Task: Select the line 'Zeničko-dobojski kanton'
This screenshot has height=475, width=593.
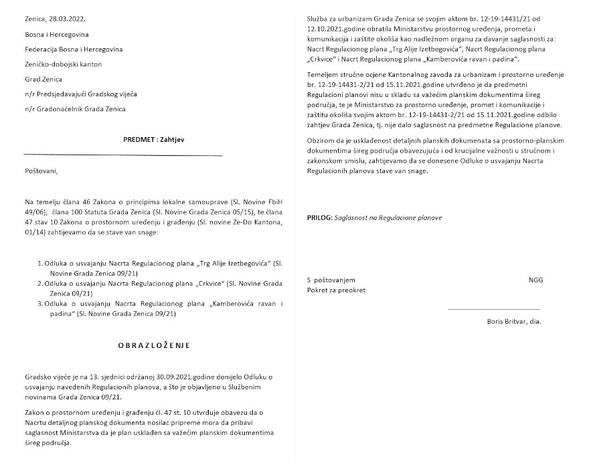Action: point(65,64)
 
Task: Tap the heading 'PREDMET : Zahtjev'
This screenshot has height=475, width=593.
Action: point(122,140)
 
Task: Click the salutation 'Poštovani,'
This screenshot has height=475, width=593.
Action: point(41,171)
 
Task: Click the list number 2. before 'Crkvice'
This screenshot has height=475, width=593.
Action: point(39,284)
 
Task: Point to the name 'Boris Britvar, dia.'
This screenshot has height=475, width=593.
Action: point(514,321)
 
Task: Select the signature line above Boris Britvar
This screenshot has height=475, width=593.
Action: point(493,310)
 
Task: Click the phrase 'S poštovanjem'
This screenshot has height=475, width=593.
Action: point(331,280)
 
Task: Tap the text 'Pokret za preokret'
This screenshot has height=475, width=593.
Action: point(336,290)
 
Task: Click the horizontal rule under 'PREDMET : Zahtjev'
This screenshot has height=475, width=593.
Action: point(122,155)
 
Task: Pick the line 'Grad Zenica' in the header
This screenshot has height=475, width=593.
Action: point(44,79)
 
